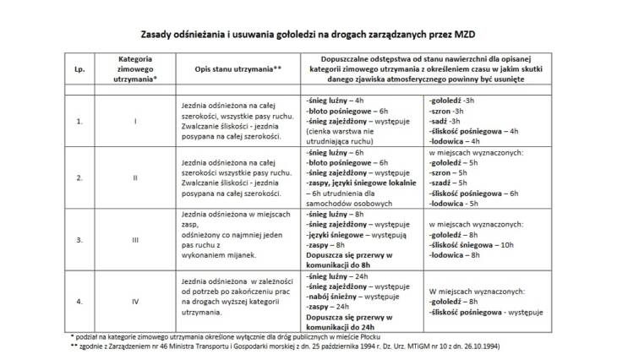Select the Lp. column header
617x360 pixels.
[x=79, y=67]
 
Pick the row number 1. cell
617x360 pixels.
[x=79, y=122]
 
